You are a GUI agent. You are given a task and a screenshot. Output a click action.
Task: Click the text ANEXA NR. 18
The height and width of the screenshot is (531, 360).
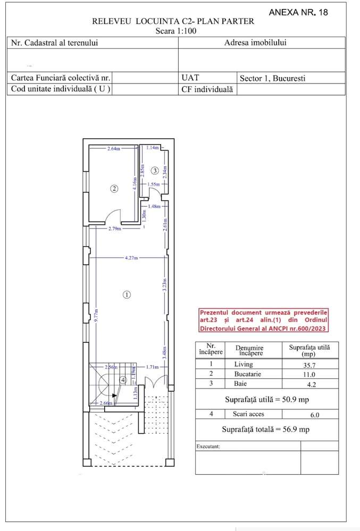[298, 13]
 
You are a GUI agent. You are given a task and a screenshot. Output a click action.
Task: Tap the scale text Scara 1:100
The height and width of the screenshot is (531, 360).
[176, 31]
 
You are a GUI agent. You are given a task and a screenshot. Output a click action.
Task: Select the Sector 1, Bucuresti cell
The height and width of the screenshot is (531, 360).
[272, 78]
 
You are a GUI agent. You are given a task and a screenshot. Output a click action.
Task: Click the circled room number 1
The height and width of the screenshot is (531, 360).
[127, 294]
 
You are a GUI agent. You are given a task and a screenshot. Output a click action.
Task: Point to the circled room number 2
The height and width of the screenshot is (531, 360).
[114, 188]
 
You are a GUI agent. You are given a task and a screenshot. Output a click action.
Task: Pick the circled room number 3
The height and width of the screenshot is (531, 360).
[154, 170]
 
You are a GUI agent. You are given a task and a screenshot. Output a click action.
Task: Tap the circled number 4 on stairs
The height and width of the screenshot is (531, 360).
[123, 380]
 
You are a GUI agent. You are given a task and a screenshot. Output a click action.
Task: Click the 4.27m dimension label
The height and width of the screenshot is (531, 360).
[131, 258]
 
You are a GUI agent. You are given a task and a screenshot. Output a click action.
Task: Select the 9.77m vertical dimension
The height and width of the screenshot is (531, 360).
[96, 315]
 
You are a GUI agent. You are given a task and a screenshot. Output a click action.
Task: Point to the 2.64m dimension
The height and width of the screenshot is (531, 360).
[113, 148]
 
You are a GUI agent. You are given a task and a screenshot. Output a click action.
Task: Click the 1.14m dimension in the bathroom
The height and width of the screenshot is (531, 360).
[153, 148]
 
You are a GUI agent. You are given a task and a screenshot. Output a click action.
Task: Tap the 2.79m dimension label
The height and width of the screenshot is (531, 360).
[114, 229]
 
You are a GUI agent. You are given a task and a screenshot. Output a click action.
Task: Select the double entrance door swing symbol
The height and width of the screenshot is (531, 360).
[156, 382]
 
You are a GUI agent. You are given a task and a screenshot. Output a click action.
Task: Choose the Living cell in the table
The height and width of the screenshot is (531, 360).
[244, 364]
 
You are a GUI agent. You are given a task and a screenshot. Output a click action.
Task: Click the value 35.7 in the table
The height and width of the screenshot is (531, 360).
[309, 365]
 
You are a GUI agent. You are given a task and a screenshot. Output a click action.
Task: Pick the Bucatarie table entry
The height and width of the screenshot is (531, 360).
[248, 374]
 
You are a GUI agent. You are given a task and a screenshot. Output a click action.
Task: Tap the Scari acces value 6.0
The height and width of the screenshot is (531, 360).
[315, 415]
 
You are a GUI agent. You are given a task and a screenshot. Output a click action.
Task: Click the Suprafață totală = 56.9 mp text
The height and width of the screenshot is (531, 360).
[266, 429]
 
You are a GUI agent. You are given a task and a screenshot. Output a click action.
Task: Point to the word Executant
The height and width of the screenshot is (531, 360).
[208, 446]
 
